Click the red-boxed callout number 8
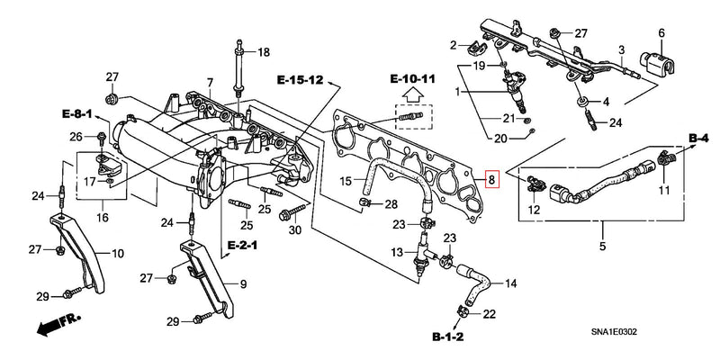491,179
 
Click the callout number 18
263,53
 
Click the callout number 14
510,283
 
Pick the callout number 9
240,284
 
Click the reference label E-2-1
244,245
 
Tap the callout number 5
603,243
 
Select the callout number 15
346,181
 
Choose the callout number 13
397,254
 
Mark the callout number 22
490,313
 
